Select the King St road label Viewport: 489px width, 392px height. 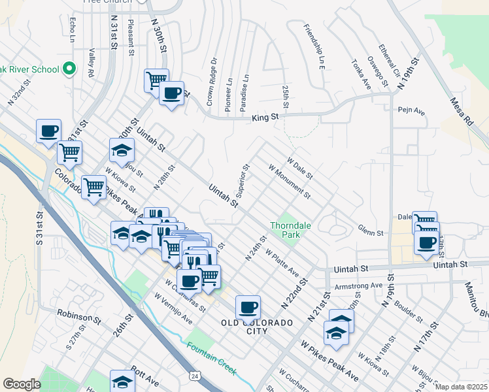[265, 118]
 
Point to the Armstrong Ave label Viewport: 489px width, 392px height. [358, 286]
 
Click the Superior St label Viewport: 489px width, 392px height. [243, 180]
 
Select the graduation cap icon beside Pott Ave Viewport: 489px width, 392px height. [122, 380]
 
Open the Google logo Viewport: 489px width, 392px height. [22, 384]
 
